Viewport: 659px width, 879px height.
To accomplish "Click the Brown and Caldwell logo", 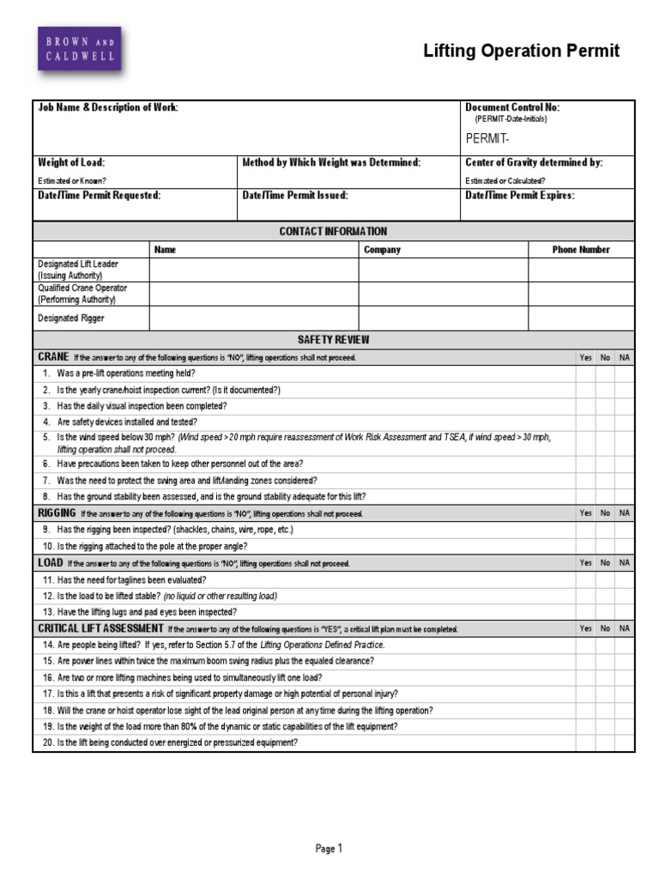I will [x=78, y=49].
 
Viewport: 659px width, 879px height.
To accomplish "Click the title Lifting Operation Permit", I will [x=521, y=52].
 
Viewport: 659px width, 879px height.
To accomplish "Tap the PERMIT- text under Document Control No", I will [x=487, y=139].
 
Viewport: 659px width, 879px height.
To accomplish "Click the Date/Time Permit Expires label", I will [x=519, y=195].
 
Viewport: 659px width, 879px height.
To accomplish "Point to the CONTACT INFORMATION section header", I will [x=333, y=231].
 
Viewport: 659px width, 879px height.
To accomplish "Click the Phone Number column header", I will [x=581, y=250].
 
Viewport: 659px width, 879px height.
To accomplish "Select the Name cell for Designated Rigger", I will [x=253, y=318].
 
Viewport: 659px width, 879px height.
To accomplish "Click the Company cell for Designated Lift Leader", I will [x=443, y=270].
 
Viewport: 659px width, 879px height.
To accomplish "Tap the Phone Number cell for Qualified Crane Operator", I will [x=581, y=294].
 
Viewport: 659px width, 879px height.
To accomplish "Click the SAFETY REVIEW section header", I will [x=333, y=340].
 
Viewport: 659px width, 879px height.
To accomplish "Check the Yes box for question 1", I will [x=585, y=373].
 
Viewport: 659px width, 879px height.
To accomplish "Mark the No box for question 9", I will [x=605, y=530].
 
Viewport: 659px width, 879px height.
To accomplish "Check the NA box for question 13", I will [x=625, y=612].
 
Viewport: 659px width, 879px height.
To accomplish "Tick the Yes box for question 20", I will [x=585, y=743].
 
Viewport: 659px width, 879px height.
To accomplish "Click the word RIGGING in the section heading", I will [x=57, y=512].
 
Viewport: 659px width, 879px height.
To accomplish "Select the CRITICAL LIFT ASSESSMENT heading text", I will [x=100, y=628].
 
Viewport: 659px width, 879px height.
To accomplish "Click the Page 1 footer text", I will [x=329, y=849].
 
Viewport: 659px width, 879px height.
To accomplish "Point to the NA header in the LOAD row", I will [x=625, y=563].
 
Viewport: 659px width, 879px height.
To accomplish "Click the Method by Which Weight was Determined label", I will [x=331, y=162].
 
